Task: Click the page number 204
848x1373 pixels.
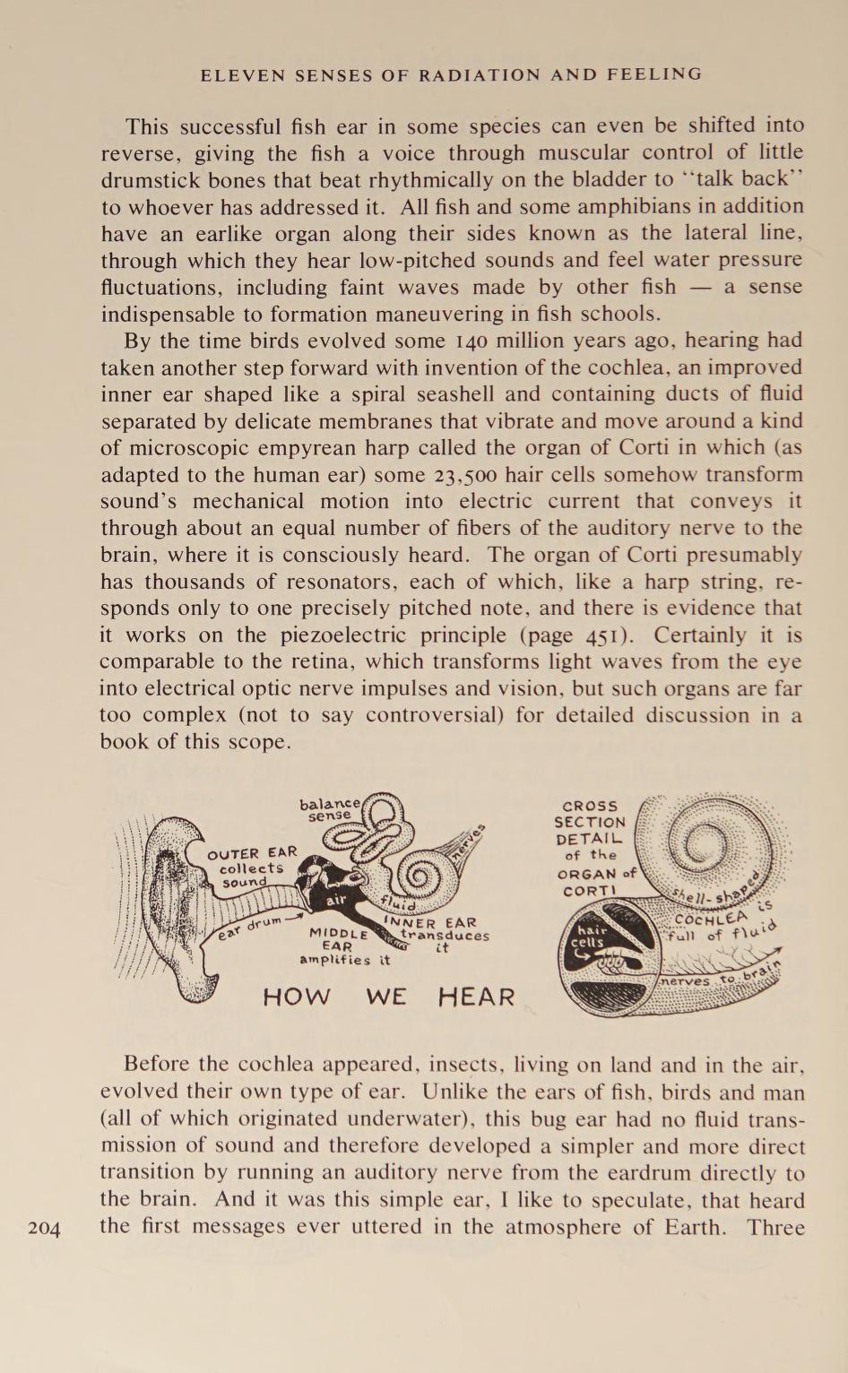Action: (44, 1228)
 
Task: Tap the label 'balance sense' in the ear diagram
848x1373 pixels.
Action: (330, 809)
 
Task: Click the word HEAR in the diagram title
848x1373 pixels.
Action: (476, 997)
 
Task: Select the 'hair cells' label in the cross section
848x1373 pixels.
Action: (589, 937)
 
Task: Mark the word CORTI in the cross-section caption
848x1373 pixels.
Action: (590, 891)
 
